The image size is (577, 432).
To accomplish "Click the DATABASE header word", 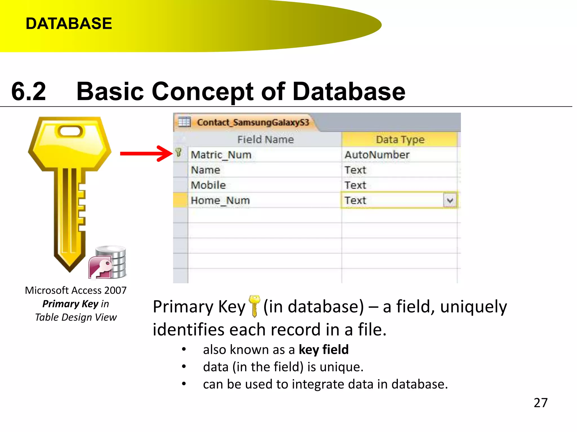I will (x=69, y=23).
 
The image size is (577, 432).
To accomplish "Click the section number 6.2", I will (x=28, y=91).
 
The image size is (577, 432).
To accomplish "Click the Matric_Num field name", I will (x=221, y=155).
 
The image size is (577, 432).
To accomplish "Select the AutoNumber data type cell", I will (x=377, y=155).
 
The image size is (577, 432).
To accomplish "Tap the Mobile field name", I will (x=208, y=185).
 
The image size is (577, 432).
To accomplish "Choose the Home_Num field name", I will (x=220, y=201).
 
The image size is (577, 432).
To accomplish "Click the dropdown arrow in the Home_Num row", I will (x=450, y=201).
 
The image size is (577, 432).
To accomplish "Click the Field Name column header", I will (x=265, y=139).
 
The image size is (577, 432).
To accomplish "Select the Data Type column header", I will (x=400, y=139).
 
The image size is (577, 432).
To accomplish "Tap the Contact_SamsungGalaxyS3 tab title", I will (x=253, y=122).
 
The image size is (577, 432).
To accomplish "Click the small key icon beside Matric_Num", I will (x=179, y=153).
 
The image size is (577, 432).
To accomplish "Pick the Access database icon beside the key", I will (x=108, y=263).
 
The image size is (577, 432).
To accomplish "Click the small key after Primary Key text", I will (x=254, y=306).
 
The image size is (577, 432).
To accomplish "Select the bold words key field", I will (x=324, y=350).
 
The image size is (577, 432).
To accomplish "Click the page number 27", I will (x=540, y=403).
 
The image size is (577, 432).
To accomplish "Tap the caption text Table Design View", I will (x=76, y=317).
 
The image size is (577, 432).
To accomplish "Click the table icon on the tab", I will (x=184, y=122).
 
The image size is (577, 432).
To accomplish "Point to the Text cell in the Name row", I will (x=355, y=170).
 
